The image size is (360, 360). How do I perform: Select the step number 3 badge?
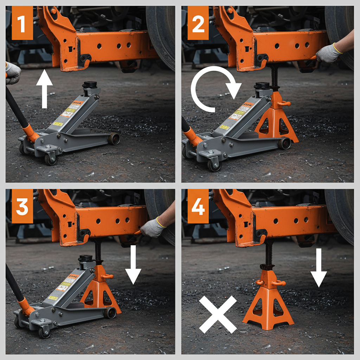[22, 206]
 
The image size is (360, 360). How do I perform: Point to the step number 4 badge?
[198, 206]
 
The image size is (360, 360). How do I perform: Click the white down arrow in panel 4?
[319, 268]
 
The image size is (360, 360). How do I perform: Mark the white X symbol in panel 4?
[218, 314]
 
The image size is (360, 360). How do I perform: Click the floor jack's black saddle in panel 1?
[90, 85]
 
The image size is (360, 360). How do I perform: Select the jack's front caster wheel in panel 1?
[50, 159]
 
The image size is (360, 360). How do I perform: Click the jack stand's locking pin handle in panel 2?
[283, 103]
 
